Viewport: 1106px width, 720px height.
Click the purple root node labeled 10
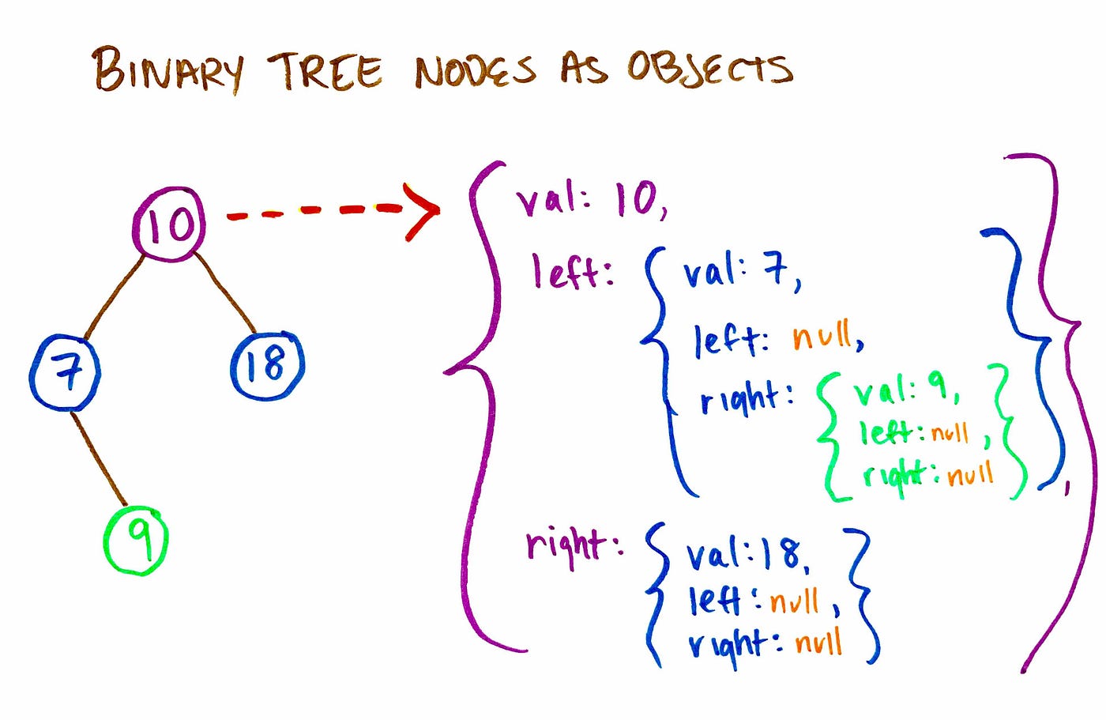[x=169, y=224]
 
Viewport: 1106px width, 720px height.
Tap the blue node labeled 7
[x=66, y=371]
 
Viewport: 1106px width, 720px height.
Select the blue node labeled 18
[x=267, y=365]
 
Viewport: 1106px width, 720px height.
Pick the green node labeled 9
[x=137, y=540]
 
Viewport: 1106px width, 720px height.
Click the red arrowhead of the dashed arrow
[x=423, y=211]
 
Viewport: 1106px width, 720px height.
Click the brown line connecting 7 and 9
[x=100, y=459]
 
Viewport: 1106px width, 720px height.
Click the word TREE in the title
[x=324, y=71]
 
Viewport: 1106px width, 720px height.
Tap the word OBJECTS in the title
[x=709, y=68]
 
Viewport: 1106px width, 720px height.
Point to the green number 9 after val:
[x=939, y=385]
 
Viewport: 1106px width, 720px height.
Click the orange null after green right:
[x=970, y=475]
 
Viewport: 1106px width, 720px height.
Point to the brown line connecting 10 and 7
[x=115, y=297]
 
